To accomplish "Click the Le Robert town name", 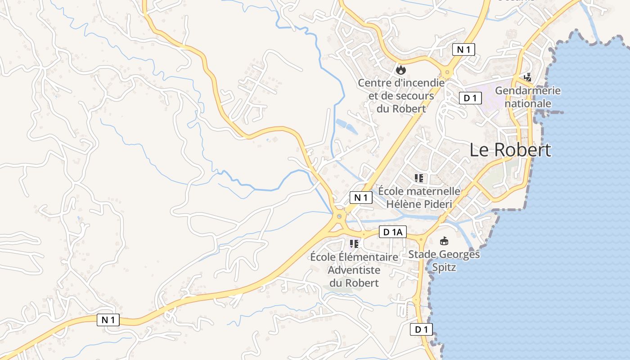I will coord(510,150).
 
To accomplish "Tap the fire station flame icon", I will coord(400,70).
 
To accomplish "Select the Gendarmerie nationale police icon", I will coord(527,77).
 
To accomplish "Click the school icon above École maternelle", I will coord(419,178).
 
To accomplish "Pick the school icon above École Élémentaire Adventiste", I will coord(354,244).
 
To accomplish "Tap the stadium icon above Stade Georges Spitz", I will coord(444,241).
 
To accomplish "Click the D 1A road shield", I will coord(393,232).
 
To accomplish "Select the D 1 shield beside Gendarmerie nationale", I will coord(470,98).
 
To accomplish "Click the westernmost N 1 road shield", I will coord(108,320).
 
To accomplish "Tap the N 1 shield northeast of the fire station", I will coord(463,49).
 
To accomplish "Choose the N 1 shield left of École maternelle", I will coord(361,198).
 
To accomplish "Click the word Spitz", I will coord(444,267).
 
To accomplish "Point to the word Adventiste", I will coord(354,270).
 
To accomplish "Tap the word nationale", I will coord(528,103).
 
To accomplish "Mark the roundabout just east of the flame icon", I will coord(446,72).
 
